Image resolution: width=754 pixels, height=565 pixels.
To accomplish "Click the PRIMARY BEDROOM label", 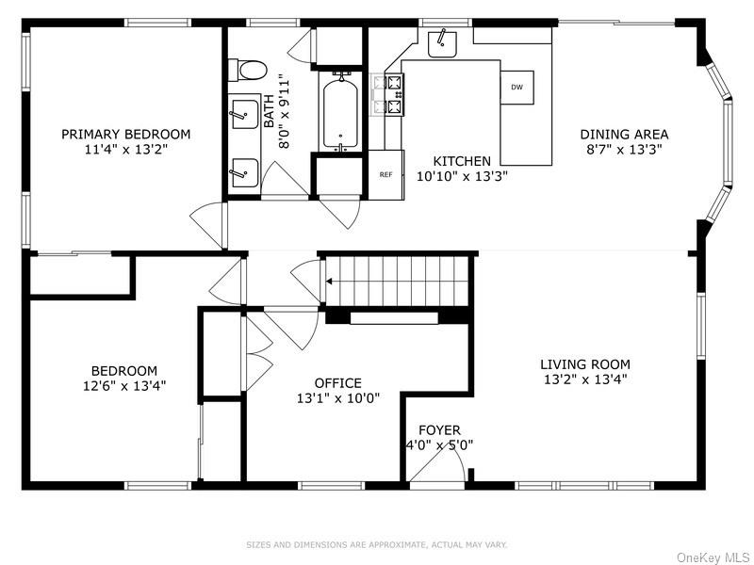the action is pyautogui.click(x=125, y=134).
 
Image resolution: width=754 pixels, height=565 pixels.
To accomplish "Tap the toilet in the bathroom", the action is pyautogui.click(x=247, y=70).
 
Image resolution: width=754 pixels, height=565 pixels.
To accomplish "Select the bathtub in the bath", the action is pyautogui.click(x=340, y=113).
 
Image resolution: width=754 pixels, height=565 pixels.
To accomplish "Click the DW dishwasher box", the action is pyautogui.click(x=516, y=87).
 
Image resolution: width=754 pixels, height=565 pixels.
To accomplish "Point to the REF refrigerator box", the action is pyautogui.click(x=386, y=174).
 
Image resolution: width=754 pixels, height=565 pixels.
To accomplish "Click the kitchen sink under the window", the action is pyautogui.click(x=442, y=43).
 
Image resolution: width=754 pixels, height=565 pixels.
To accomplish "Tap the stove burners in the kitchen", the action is pyautogui.click(x=394, y=95).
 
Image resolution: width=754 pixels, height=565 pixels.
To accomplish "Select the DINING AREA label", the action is pyautogui.click(x=624, y=134).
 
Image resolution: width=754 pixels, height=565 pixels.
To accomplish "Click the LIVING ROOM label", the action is pyautogui.click(x=585, y=364).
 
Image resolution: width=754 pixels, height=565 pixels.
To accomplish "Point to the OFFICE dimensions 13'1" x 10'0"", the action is pyautogui.click(x=338, y=398).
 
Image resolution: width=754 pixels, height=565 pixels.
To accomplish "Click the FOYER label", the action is pyautogui.click(x=439, y=430).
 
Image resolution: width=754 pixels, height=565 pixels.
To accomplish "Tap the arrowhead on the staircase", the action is pyautogui.click(x=330, y=282).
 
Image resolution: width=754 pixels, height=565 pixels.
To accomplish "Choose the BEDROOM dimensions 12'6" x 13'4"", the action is pyautogui.click(x=124, y=386).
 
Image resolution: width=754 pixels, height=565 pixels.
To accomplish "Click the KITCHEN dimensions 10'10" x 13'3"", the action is pyautogui.click(x=462, y=176).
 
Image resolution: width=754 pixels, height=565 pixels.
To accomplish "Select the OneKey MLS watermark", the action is pyautogui.click(x=713, y=557).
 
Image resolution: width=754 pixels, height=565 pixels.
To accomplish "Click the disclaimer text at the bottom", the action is pyautogui.click(x=376, y=545).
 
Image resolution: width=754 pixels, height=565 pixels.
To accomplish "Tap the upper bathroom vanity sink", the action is pyautogui.click(x=245, y=114).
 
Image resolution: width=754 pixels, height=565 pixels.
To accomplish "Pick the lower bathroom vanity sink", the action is pyautogui.click(x=245, y=173).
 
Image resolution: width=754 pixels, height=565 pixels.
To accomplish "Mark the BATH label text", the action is pyautogui.click(x=269, y=111).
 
